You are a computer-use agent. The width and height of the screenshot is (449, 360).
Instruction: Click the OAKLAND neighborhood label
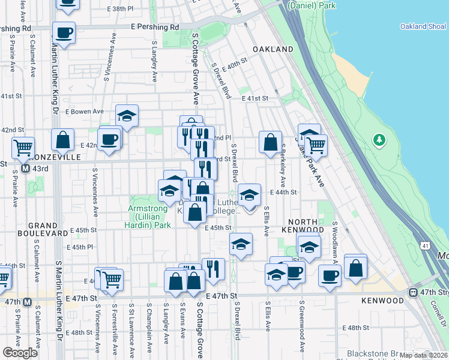[x=273, y=49]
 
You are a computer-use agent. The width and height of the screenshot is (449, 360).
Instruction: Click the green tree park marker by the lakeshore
[x=379, y=140]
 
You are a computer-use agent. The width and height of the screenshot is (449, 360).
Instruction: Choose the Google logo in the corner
[x=20, y=352]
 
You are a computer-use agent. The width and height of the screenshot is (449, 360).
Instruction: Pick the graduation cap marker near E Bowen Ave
[x=127, y=115]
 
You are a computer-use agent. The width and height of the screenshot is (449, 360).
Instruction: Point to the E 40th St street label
[x=234, y=62]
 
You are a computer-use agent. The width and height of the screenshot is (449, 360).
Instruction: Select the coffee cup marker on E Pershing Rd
[x=64, y=32]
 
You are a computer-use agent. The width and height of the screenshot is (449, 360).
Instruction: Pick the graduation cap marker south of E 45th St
[x=241, y=244]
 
